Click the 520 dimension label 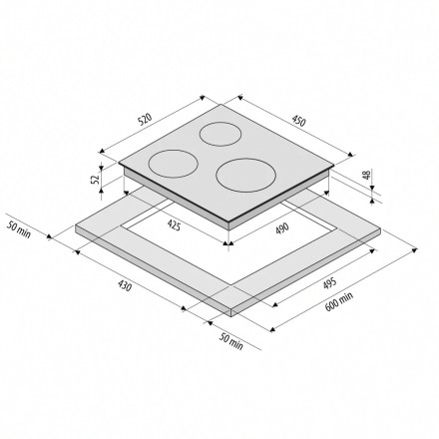[145, 120]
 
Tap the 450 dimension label [298, 121]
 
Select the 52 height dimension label [96, 179]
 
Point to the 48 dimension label [366, 175]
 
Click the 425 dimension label [174, 225]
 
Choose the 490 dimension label [282, 227]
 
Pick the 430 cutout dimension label [125, 285]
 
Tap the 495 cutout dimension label [329, 283]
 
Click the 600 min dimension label [338, 301]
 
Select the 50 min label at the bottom [230, 341]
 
